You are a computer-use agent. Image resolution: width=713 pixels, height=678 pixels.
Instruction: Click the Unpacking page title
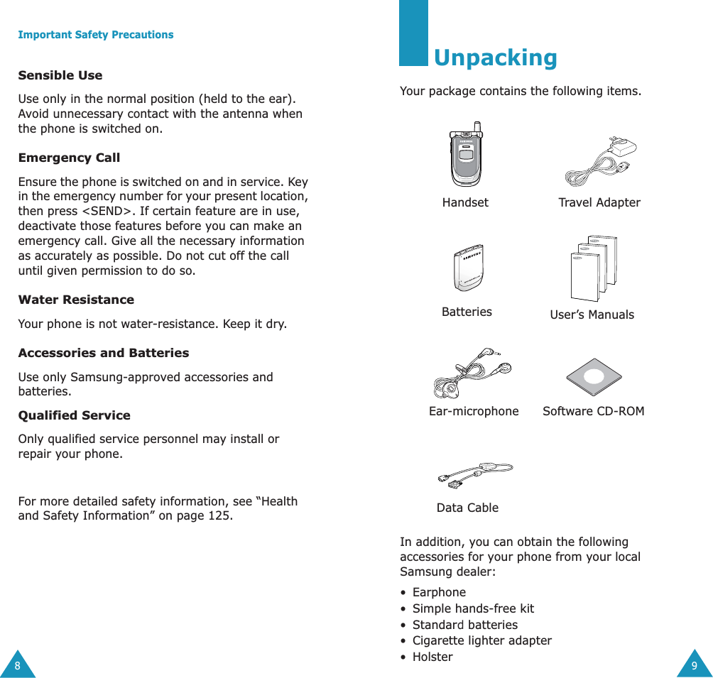[x=495, y=58]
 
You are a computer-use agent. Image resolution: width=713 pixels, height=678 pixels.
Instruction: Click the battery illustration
[x=467, y=267]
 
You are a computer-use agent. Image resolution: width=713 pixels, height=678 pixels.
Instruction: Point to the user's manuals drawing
[x=594, y=268]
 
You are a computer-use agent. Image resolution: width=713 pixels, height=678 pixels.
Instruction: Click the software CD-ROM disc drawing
[x=594, y=377]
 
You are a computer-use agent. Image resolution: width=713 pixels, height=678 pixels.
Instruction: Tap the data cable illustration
[x=475, y=474]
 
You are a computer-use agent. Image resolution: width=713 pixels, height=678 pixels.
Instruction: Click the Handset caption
[x=465, y=203]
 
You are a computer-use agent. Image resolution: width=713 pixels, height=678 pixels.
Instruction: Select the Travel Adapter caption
[x=599, y=203]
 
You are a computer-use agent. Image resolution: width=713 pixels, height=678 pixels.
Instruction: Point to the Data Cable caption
[x=467, y=508]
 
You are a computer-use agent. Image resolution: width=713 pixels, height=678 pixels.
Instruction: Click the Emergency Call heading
[x=69, y=158]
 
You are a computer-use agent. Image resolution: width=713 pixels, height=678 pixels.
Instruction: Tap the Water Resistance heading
[x=76, y=300]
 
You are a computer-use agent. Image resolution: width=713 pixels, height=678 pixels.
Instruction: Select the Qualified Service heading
[x=74, y=415]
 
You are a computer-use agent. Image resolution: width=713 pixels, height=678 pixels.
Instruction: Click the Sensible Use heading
[x=60, y=75]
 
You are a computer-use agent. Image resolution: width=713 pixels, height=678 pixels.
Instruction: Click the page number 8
[x=18, y=666]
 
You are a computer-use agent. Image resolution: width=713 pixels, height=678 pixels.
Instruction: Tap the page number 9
[x=695, y=666]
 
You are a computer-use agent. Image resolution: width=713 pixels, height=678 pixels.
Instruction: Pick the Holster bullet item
[x=432, y=657]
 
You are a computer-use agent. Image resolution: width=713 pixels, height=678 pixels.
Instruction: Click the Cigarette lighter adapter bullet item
[x=482, y=640]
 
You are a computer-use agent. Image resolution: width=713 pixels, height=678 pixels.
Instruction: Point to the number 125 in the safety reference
[x=219, y=516]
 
